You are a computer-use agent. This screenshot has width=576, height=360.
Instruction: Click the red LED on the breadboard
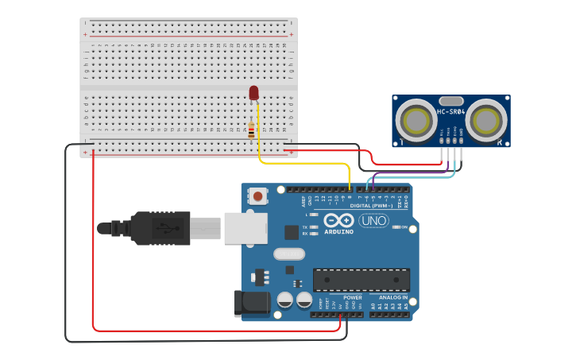[254, 93]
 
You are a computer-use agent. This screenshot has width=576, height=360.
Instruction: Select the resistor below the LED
[252, 130]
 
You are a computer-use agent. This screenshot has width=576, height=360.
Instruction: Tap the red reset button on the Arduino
[258, 195]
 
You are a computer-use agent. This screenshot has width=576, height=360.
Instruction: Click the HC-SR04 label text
[451, 112]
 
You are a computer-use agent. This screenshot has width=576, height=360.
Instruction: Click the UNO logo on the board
[373, 221]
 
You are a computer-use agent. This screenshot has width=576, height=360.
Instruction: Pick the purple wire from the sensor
[413, 172]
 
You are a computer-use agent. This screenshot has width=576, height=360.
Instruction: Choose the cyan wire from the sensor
[421, 177]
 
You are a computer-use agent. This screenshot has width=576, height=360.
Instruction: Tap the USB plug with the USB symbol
[162, 229]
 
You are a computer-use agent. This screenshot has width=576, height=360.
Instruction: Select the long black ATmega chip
[361, 280]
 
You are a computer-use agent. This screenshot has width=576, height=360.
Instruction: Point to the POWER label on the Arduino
[352, 297]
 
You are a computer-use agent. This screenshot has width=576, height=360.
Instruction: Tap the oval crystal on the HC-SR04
[450, 101]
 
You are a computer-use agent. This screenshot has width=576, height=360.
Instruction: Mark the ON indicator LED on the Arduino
[396, 227]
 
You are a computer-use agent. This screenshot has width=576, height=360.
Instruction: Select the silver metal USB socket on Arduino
[245, 228]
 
